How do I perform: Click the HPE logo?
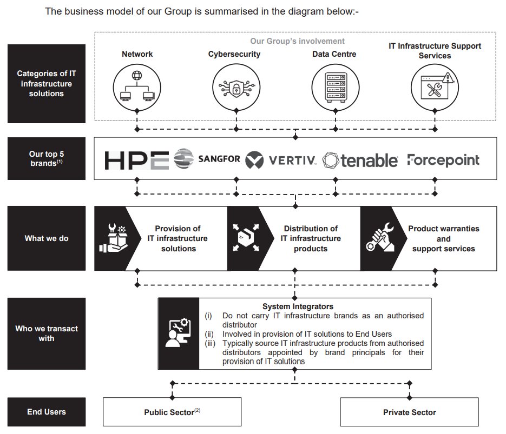pos(137,160)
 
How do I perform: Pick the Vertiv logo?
pos(281,160)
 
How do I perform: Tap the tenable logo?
pos(360,160)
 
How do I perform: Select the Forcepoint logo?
pos(443,160)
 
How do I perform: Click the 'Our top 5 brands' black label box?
pos(47,158)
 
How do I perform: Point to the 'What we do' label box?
pos(47,238)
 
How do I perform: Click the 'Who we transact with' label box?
pos(47,333)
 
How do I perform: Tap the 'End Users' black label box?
pos(47,412)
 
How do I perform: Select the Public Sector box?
pos(172,412)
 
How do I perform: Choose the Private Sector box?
pos(409,412)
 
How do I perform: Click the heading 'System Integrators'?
pos(305,306)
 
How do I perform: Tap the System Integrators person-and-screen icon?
pos(179,333)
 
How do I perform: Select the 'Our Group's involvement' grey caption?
pos(297,41)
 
